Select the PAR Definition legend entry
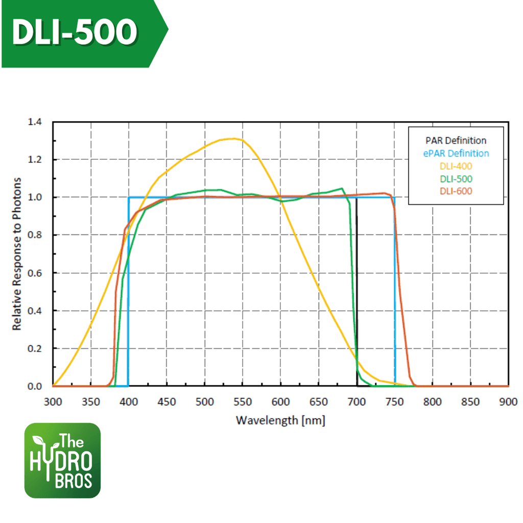(x=456, y=140)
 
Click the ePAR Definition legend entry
(x=456, y=153)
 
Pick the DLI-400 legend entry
(x=456, y=165)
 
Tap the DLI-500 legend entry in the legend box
(x=456, y=178)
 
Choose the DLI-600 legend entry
(x=456, y=191)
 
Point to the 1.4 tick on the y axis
(x=35, y=122)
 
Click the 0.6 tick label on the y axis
(x=35, y=273)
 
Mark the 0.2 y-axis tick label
(x=35, y=348)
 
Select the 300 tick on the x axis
(x=53, y=401)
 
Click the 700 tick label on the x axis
(x=356, y=401)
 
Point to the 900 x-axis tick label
(x=508, y=401)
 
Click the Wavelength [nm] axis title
(x=280, y=420)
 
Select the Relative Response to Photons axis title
(x=17, y=254)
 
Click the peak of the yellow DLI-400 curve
(x=234, y=138)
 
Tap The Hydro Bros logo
(x=62, y=460)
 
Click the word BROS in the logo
(x=74, y=481)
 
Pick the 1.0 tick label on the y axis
(x=35, y=197)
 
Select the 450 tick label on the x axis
(x=167, y=401)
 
